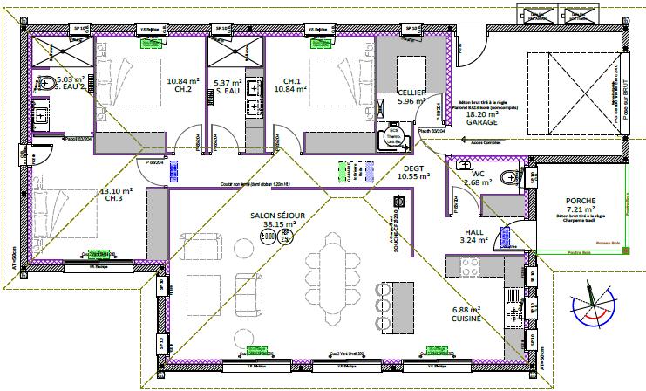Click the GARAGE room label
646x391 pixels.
481,123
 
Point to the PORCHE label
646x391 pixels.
579,200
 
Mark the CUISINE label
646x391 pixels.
466,320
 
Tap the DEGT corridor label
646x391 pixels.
413,167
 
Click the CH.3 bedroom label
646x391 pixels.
116,200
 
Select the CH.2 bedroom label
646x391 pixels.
183,89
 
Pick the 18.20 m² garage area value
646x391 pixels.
481,114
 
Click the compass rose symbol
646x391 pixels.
592,305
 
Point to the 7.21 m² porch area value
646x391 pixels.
579,209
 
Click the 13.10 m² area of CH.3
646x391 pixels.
116,191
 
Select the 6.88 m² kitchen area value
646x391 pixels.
466,311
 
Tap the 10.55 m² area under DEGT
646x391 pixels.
413,176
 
